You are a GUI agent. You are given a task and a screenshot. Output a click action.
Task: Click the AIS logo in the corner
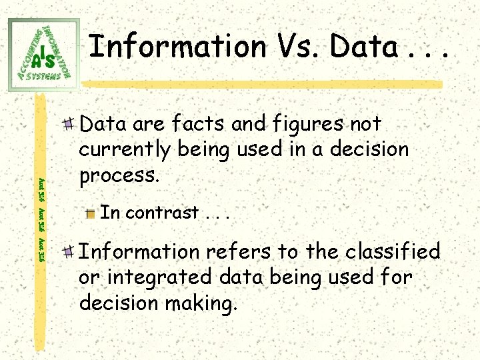point(44,53)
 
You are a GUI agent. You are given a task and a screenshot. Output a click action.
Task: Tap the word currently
point(126,150)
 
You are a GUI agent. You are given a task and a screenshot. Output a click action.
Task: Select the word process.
point(119,176)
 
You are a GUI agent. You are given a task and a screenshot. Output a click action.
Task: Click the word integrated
point(152,277)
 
